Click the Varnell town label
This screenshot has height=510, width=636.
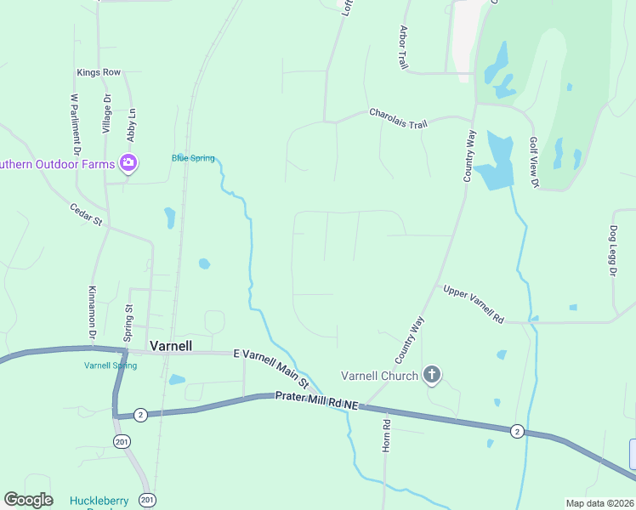pyautogui.click(x=170, y=346)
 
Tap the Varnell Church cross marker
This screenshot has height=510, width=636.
pyautogui.click(x=432, y=374)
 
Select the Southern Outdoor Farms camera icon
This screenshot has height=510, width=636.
pyautogui.click(x=128, y=161)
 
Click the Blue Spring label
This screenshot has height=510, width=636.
pyautogui.click(x=193, y=157)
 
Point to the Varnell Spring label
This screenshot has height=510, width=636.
pyautogui.click(x=111, y=365)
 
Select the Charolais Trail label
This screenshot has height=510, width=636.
pyautogui.click(x=398, y=118)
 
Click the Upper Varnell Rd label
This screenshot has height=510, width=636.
pyautogui.click(x=474, y=304)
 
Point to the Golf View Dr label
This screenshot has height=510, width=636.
pyautogui.click(x=534, y=162)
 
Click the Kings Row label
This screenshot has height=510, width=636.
pyautogui.click(x=99, y=73)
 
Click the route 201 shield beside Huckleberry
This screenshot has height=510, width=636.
pyautogui.click(x=148, y=499)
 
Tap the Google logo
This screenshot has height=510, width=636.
pyautogui.click(x=28, y=500)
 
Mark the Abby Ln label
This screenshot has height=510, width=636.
pyautogui.click(x=132, y=125)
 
